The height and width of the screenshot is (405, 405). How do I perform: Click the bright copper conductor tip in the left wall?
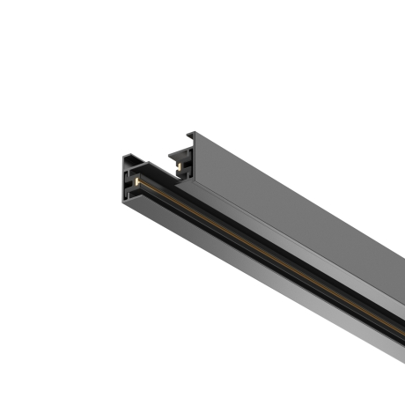point(138,182)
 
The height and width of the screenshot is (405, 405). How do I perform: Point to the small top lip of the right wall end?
point(188,137)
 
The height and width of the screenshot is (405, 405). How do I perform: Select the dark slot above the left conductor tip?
point(137,173)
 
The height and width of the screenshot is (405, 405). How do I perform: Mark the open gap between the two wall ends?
point(158,167)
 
